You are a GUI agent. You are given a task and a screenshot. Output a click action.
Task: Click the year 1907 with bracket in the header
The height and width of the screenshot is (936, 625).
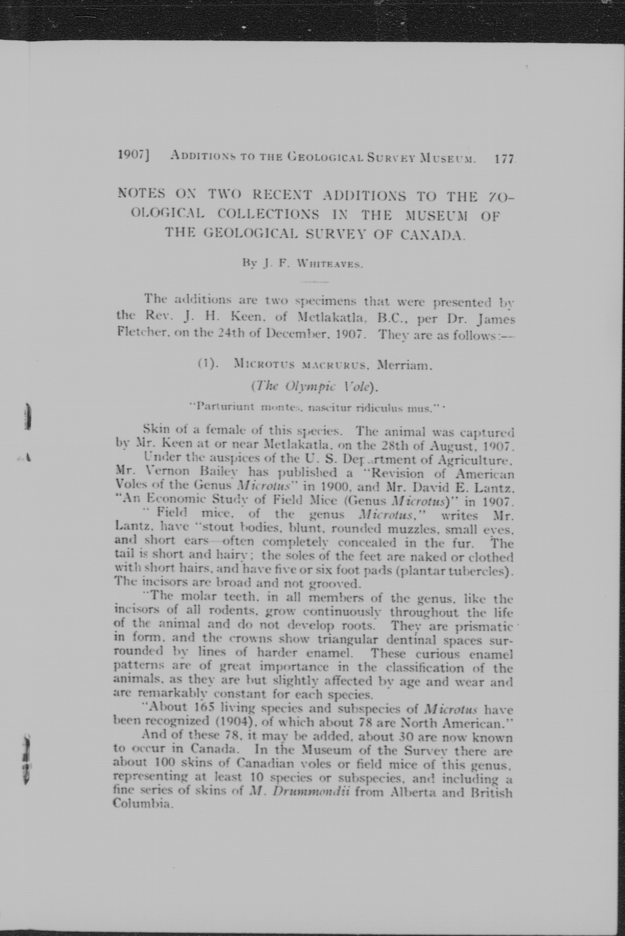(x=133, y=154)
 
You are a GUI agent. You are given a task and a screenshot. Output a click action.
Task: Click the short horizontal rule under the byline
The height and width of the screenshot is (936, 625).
(x=314, y=282)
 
